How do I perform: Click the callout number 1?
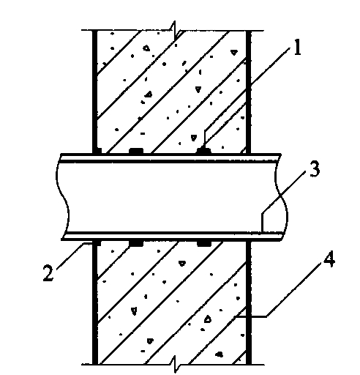[297, 47]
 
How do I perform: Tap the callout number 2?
[48, 272]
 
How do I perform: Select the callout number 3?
[315, 169]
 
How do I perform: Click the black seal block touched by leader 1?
[204, 151]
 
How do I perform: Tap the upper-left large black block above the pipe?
[136, 151]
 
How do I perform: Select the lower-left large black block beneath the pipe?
[136, 244]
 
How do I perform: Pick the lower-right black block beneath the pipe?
[204, 244]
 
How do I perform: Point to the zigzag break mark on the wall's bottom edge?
[176, 364]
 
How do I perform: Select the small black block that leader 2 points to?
[97, 243]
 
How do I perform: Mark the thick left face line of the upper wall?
[95, 92]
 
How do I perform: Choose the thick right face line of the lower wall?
[248, 302]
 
